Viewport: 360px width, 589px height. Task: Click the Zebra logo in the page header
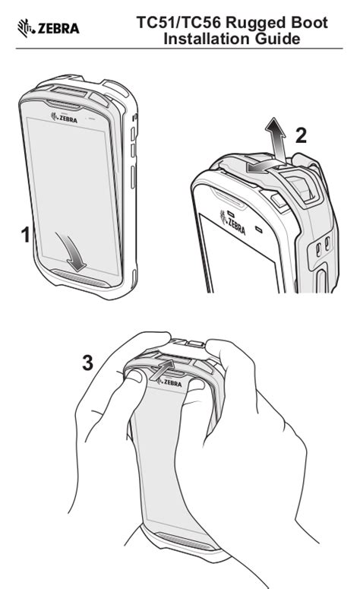48,28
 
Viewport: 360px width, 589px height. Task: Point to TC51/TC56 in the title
179,23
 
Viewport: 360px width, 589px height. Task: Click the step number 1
25,235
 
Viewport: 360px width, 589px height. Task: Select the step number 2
301,135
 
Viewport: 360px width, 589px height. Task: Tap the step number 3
87,363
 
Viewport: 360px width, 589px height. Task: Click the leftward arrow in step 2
263,167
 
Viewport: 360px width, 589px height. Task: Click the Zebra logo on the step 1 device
65,118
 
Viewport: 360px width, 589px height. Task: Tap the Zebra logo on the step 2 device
232,223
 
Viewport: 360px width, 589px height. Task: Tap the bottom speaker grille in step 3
185,541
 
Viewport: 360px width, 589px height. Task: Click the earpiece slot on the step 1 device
63,103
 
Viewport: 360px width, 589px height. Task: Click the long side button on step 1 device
133,177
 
